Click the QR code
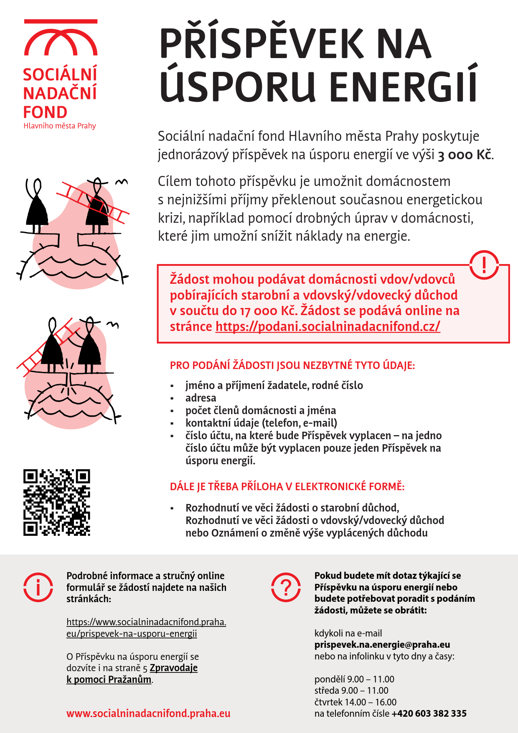pos(57,502)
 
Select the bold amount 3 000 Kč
pos(465,155)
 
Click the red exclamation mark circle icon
pos(484,265)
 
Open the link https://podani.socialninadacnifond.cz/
pos(328,326)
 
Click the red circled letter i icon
pos(38,587)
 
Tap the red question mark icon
pos(286,587)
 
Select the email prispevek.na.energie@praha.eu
pos(382,645)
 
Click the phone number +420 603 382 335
pos(429,714)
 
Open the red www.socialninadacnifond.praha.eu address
pos(148,713)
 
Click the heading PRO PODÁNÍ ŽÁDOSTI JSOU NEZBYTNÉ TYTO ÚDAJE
pos(292,366)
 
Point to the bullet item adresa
pos(201,398)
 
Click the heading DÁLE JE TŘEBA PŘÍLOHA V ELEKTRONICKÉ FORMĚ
pos(287,487)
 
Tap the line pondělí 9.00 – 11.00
pos(354,680)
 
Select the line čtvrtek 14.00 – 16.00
pos(355,702)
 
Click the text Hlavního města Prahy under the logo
pos(60,126)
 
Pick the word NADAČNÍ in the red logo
pos(60,94)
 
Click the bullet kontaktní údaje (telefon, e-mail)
pos(261,423)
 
